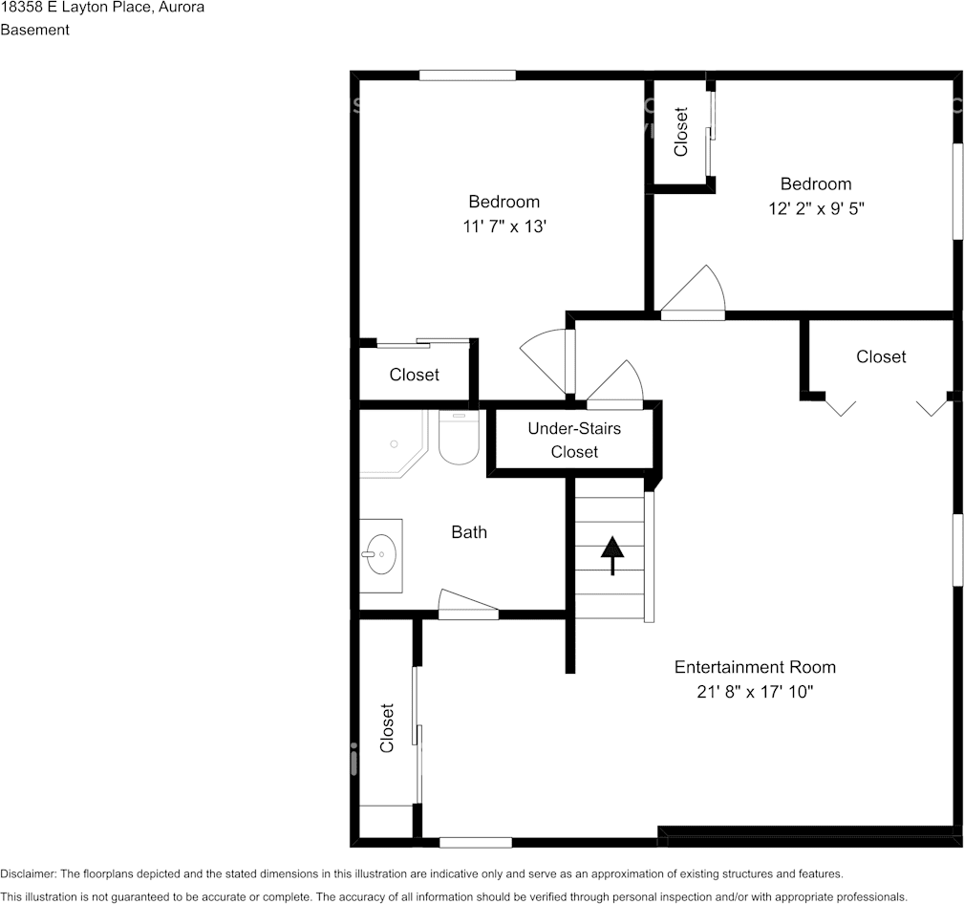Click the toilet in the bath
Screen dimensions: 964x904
[459, 438]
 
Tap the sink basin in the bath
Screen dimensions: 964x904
[380, 554]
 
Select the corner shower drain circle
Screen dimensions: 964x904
[394, 444]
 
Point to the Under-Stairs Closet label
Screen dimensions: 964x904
[574, 441]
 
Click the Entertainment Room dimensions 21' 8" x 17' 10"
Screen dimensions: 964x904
[755, 692]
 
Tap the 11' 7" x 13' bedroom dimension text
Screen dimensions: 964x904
[504, 226]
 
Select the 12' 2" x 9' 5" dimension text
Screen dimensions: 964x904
[817, 208]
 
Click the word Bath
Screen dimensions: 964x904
[469, 532]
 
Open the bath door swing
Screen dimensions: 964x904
[468, 605]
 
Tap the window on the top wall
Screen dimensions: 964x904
[467, 75]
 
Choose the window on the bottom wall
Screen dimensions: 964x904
[476, 843]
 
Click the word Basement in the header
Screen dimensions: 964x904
[35, 30]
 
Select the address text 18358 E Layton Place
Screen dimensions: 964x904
[74, 8]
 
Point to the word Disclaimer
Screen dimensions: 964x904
[29, 873]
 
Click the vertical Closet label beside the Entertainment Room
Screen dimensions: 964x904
[387, 728]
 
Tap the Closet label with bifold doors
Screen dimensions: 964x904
[881, 356]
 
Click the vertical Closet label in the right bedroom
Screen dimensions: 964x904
[680, 132]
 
